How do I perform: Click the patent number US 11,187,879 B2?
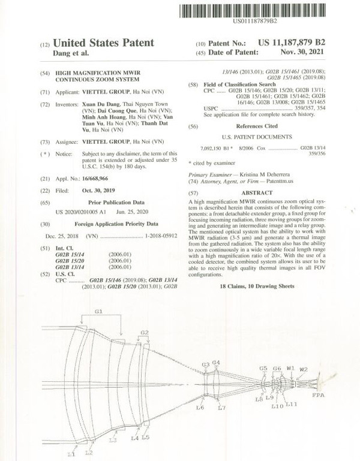(x=291, y=43)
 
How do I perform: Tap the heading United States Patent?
(x=103, y=43)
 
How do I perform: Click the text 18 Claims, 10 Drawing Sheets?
(x=257, y=287)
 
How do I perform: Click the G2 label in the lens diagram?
(x=144, y=332)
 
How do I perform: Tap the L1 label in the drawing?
(x=70, y=454)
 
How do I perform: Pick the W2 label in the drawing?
(x=304, y=369)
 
